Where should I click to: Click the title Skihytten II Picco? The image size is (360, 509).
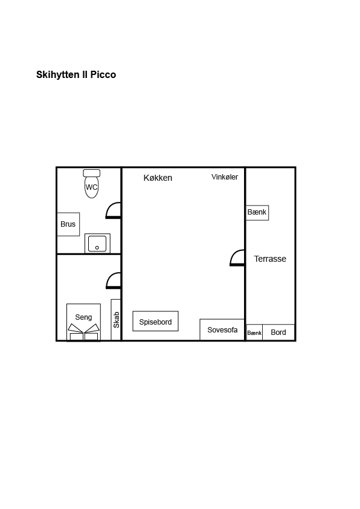(x=76, y=75)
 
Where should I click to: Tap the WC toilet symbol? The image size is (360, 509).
(x=91, y=184)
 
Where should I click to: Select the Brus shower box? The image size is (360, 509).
(x=68, y=224)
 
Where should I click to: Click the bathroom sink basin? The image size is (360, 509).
(x=97, y=244)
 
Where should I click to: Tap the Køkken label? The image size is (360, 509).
(x=158, y=178)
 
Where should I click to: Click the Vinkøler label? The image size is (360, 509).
(x=225, y=177)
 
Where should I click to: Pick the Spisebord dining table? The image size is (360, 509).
(x=155, y=322)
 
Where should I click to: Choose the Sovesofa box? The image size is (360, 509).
(x=222, y=330)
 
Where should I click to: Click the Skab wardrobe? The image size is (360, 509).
(x=116, y=320)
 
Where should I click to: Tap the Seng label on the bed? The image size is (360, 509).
(x=83, y=317)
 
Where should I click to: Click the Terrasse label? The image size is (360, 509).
(x=270, y=259)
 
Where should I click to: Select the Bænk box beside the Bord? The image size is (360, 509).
(x=254, y=332)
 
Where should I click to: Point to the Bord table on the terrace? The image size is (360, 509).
(x=278, y=332)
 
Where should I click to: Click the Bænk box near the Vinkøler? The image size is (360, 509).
(x=257, y=213)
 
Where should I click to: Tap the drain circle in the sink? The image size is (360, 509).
(x=97, y=248)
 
